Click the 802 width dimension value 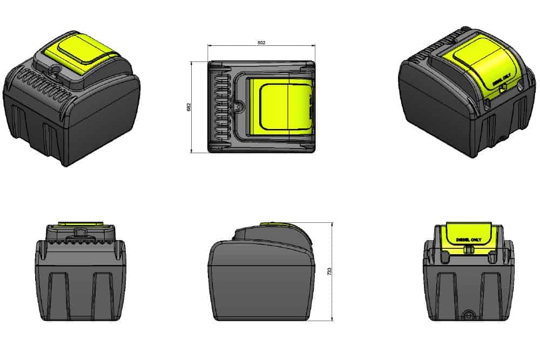[x=262, y=42]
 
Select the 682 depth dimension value [x=187, y=107]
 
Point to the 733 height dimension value [x=329, y=271]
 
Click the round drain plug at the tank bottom [x=468, y=314]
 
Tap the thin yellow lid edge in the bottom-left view [x=80, y=222]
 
